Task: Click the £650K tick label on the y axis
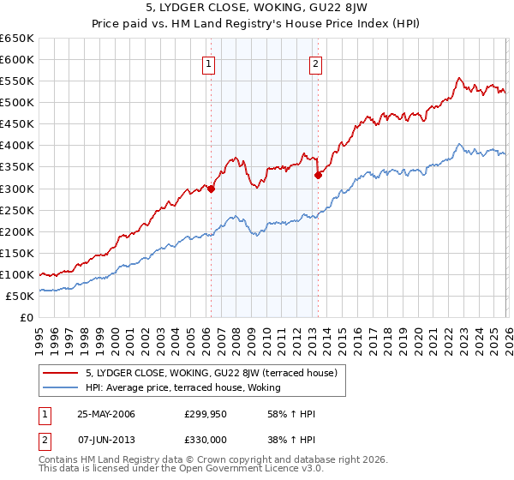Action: coord(17,39)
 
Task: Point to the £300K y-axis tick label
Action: coord(17,189)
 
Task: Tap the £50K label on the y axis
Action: coord(21,296)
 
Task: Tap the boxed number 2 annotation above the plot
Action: coord(316,63)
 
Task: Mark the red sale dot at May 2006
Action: coord(211,189)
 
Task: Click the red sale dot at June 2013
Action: coord(318,176)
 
